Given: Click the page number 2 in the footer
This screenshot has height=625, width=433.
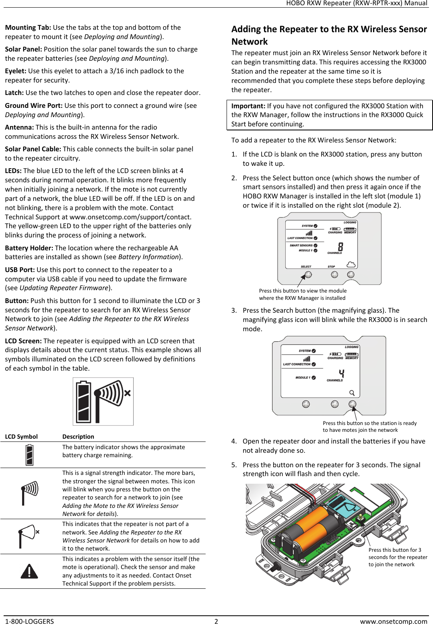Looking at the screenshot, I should [216, 621].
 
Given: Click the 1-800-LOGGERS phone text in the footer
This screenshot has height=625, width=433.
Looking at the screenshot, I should [29, 621].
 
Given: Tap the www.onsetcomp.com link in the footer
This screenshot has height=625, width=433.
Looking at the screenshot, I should [393, 621].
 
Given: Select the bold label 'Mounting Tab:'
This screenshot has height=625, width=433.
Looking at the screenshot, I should [28, 27].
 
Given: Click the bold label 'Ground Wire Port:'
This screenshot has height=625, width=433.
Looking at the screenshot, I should [34, 105].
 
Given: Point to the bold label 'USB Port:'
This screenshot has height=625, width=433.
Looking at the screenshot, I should [20, 270].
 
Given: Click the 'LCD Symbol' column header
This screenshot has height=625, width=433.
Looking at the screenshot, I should [21, 437].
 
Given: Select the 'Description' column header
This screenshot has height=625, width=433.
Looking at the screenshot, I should [78, 437].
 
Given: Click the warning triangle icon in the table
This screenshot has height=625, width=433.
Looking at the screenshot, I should [29, 571].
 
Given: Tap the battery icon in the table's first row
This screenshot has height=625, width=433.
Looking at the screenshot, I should [29, 455].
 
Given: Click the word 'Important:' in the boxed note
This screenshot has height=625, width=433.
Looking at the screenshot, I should [248, 106].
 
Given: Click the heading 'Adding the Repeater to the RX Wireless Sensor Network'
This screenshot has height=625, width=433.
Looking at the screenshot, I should [329, 35].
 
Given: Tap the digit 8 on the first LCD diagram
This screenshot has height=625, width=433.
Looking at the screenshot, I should [340, 247].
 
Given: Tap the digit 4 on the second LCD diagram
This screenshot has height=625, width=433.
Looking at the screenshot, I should [341, 374].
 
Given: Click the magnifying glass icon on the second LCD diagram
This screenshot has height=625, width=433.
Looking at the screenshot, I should [352, 393].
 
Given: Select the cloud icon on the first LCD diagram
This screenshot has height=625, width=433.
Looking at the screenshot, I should [351, 264].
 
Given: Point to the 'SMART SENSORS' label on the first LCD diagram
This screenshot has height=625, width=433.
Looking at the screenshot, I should [301, 245].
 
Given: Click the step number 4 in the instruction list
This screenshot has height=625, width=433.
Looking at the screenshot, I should [234, 441].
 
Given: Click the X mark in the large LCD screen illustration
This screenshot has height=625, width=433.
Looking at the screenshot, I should [127, 393].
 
